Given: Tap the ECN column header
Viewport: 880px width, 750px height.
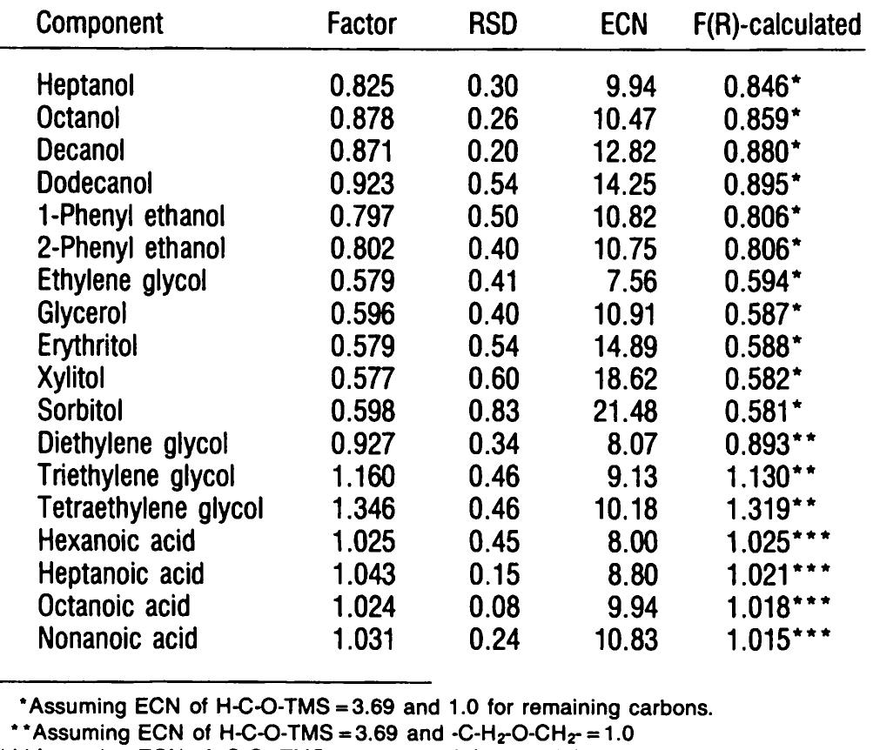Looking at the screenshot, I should [623, 24].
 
